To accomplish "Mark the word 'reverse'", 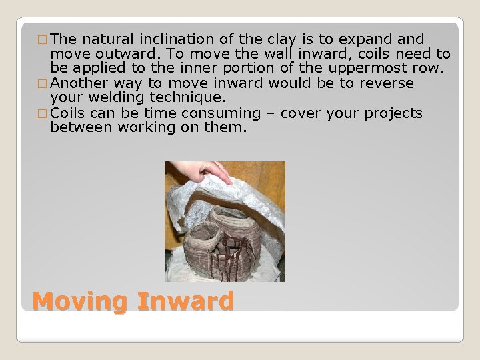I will (387, 83).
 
